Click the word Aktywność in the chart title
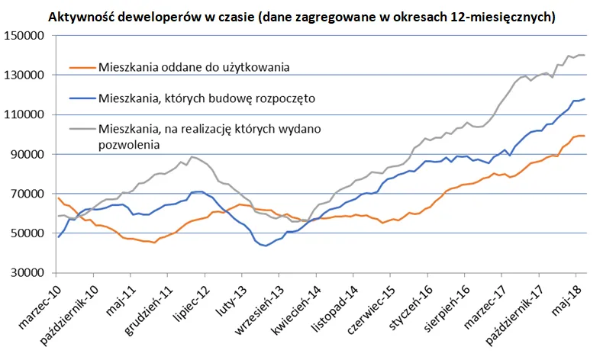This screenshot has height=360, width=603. [x=82, y=15]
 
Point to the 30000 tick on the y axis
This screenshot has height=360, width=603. [x=25, y=272]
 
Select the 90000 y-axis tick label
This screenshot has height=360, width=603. [x=25, y=154]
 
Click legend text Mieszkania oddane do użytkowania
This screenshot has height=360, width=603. [x=196, y=68]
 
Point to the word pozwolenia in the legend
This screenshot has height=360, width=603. [x=127, y=143]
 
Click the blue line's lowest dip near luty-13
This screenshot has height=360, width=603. [x=265, y=246]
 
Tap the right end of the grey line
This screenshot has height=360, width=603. [x=585, y=55]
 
